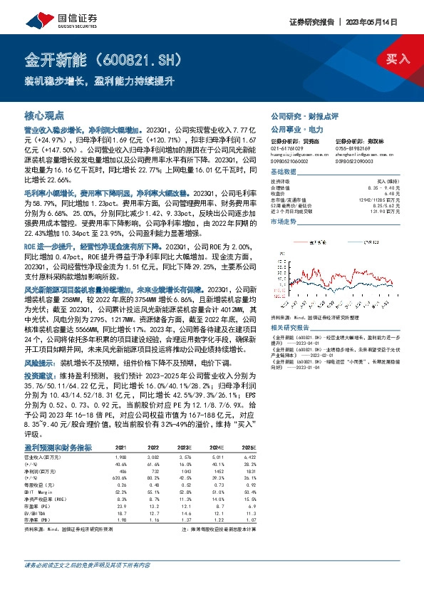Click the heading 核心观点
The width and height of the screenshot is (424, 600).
pyautogui.click(x=44, y=115)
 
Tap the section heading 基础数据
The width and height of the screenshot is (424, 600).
pyautogui.click(x=284, y=173)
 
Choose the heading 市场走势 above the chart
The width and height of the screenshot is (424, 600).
pyautogui.click(x=284, y=223)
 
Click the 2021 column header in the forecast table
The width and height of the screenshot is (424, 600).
pyautogui.click(x=120, y=447)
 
